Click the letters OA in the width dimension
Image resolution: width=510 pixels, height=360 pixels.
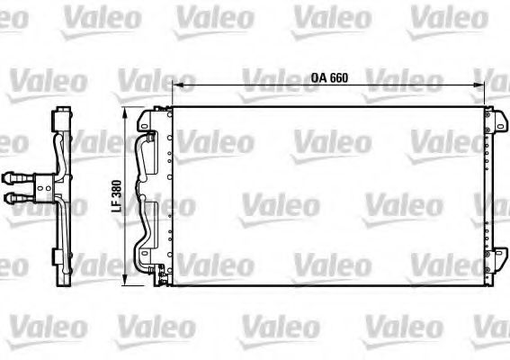pos(320,78)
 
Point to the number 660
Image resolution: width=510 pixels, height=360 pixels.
pos(338,78)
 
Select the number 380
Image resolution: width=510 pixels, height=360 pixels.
pos(117,191)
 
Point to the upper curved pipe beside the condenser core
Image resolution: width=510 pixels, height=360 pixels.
pos(145,153)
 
